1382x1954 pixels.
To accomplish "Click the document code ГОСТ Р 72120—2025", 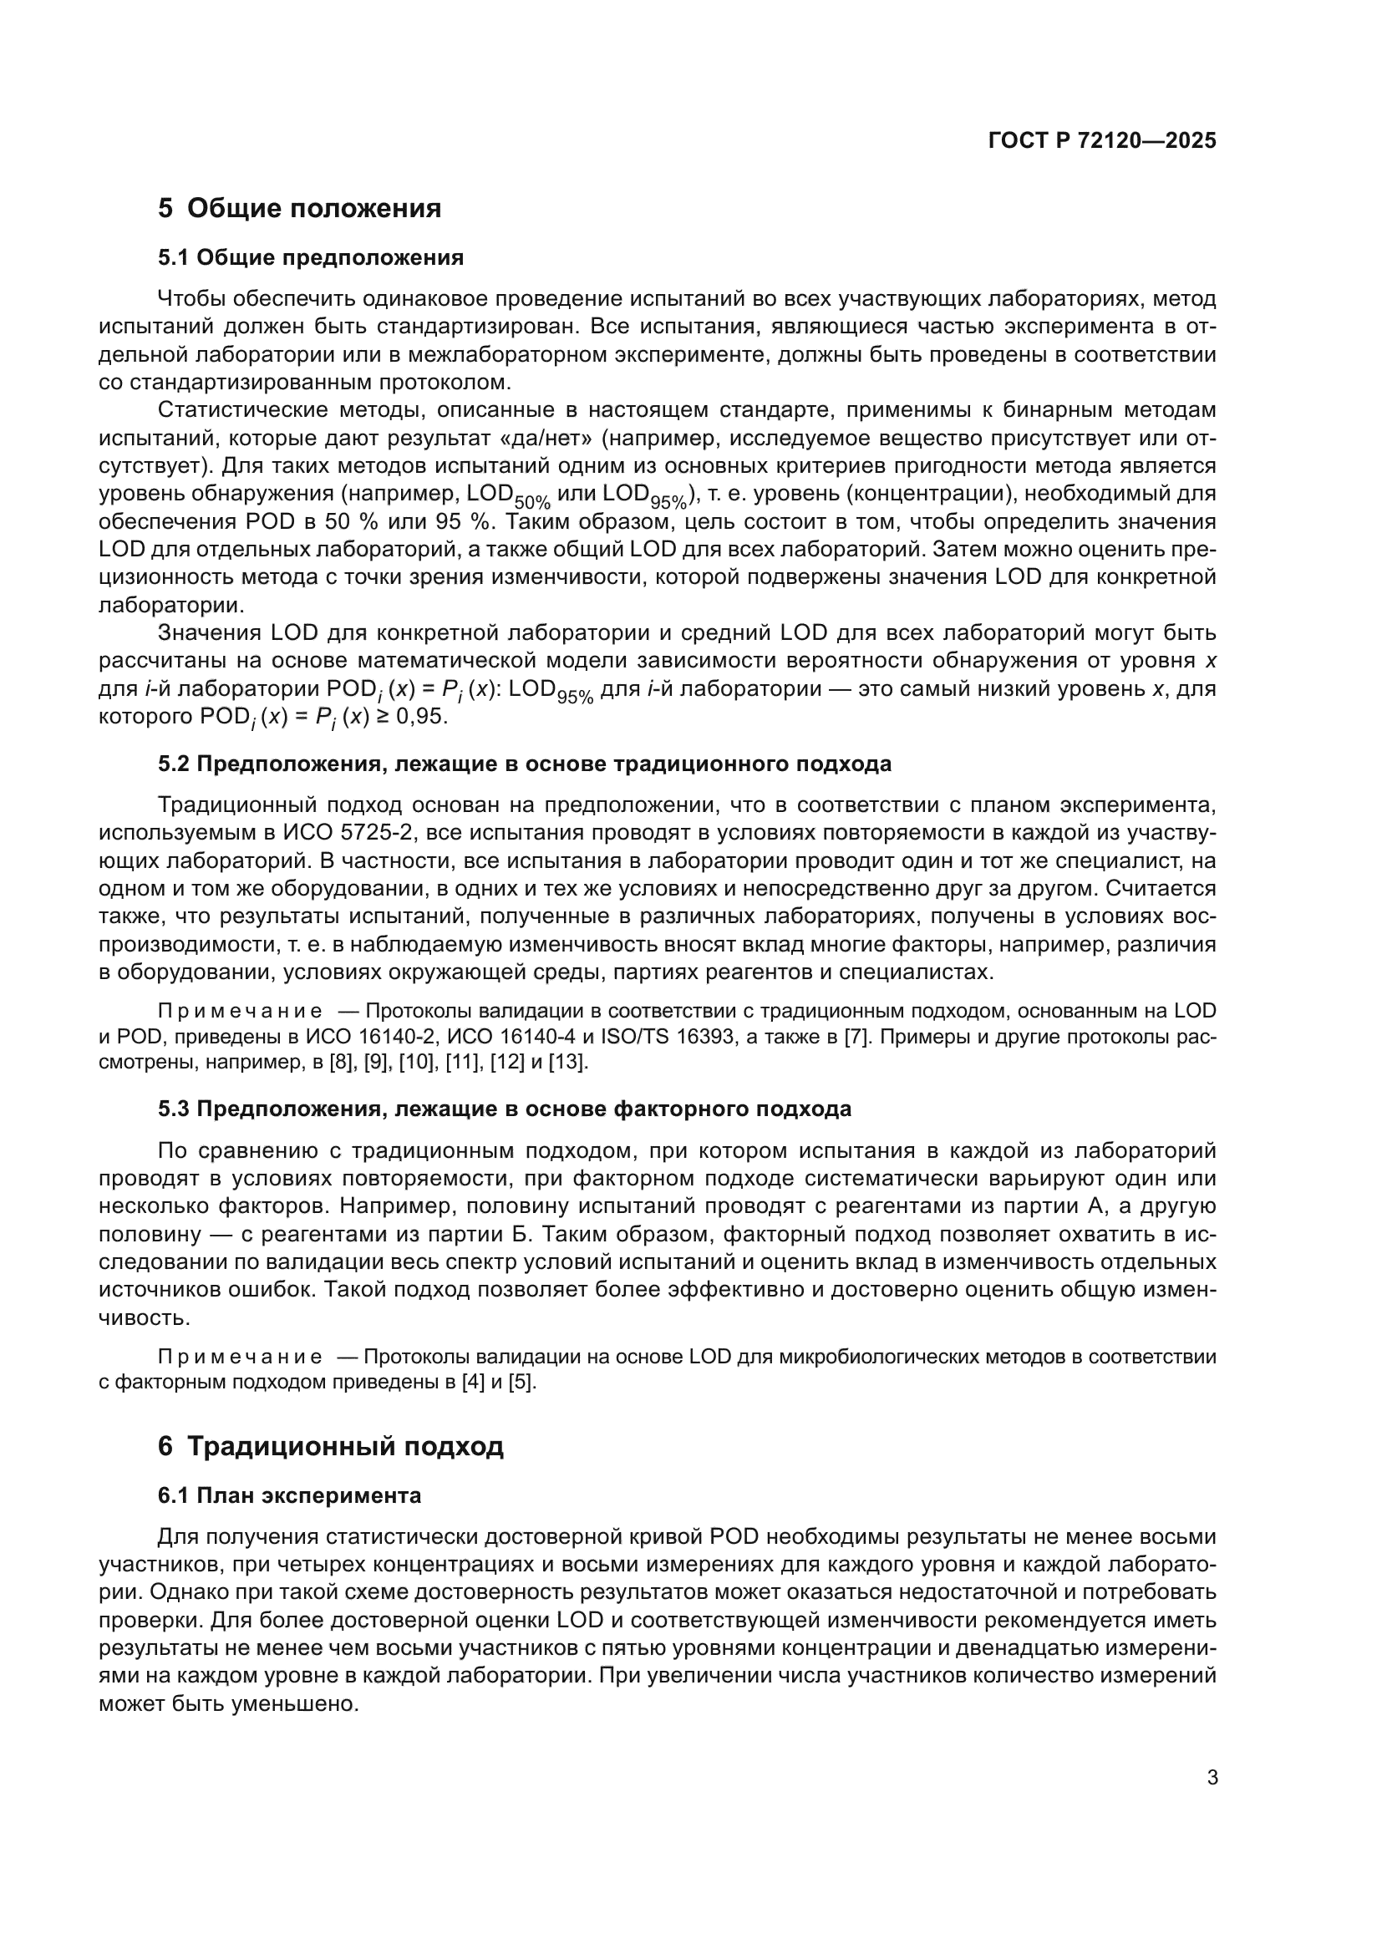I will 1102,141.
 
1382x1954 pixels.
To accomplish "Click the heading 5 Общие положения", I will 300,209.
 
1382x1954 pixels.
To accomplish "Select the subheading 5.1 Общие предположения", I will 311,258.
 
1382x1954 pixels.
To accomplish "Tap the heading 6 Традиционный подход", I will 331,1446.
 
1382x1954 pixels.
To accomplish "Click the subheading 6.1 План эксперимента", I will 289,1495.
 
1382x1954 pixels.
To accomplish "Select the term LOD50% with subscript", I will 508,496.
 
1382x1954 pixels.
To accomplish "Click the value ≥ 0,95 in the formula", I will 412,717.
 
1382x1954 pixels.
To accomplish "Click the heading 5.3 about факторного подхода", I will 504,1109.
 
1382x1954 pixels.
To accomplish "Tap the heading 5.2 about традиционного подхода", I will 524,764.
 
